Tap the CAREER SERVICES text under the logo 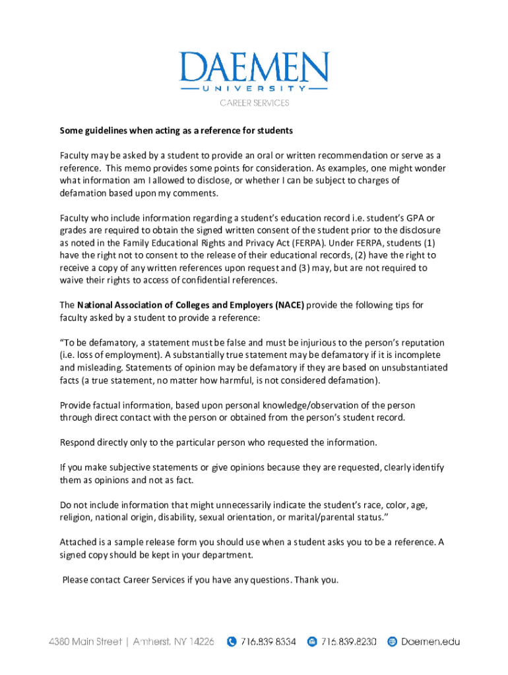pyautogui.click(x=254, y=103)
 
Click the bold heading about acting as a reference pyautogui.click(x=176, y=131)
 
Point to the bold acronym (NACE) pyautogui.click(x=284, y=305)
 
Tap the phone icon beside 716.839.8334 pyautogui.click(x=232, y=641)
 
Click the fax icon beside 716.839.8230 pyautogui.click(x=313, y=641)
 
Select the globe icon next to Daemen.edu pyautogui.click(x=392, y=641)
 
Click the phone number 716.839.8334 pyautogui.click(x=269, y=641)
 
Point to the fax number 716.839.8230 pyautogui.click(x=349, y=641)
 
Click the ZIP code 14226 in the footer pyautogui.click(x=201, y=641)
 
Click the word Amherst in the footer pyautogui.click(x=154, y=641)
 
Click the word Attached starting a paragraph pyautogui.click(x=80, y=542)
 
